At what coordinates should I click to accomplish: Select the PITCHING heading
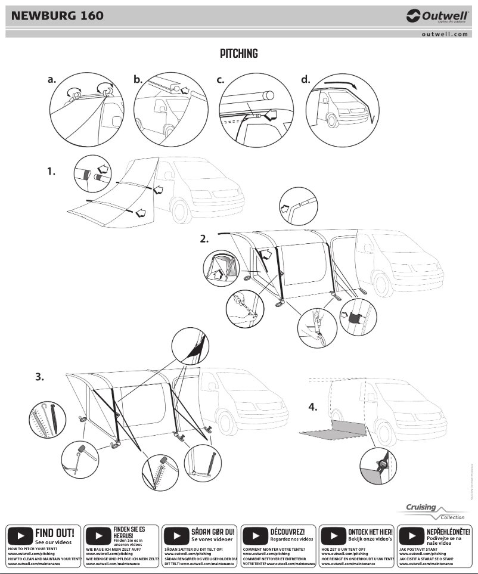coord(238,54)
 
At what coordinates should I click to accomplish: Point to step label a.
coord(52,79)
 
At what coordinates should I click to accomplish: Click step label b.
coord(138,79)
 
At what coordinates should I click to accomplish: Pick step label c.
coord(221,79)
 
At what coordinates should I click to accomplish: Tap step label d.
coord(306,79)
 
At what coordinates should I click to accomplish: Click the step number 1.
coord(52,172)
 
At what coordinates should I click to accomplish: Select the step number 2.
coord(204,238)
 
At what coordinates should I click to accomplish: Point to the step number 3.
coord(39,377)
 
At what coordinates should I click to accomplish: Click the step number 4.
coord(313,408)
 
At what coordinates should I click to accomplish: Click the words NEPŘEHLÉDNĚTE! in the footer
coord(448,531)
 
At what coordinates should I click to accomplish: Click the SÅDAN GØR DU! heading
coord(213,531)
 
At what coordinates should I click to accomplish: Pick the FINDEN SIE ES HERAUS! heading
coord(129,532)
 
